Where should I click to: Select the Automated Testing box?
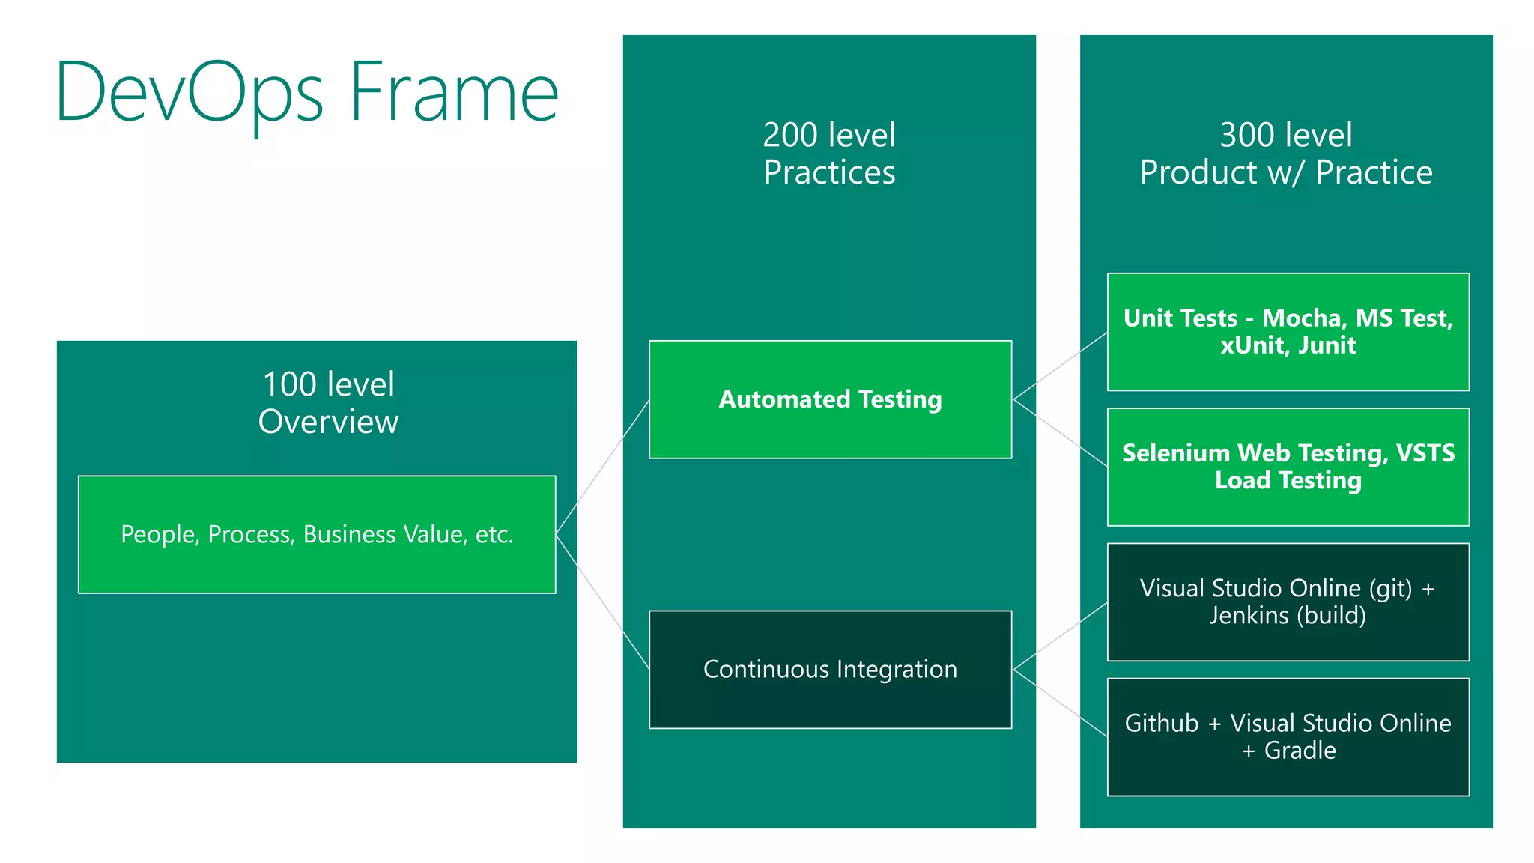tap(830, 399)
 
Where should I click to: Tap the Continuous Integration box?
tap(830, 669)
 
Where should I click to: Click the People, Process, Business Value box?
tap(317, 534)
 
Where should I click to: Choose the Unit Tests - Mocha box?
tap(1288, 332)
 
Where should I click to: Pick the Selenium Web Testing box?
tap(1288, 467)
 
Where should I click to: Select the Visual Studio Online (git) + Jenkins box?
tap(1288, 602)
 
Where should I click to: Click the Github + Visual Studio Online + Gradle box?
tap(1288, 736)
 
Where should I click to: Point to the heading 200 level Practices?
tap(829, 154)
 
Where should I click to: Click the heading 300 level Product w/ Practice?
tap(1286, 154)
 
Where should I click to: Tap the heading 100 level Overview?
tap(328, 403)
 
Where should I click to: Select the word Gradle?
tap(1300, 750)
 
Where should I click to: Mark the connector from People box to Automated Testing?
tap(603, 466)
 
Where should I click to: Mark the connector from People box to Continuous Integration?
tap(603, 602)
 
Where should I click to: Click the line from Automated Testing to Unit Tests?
tap(1060, 366)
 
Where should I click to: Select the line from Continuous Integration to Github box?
tap(1060, 703)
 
